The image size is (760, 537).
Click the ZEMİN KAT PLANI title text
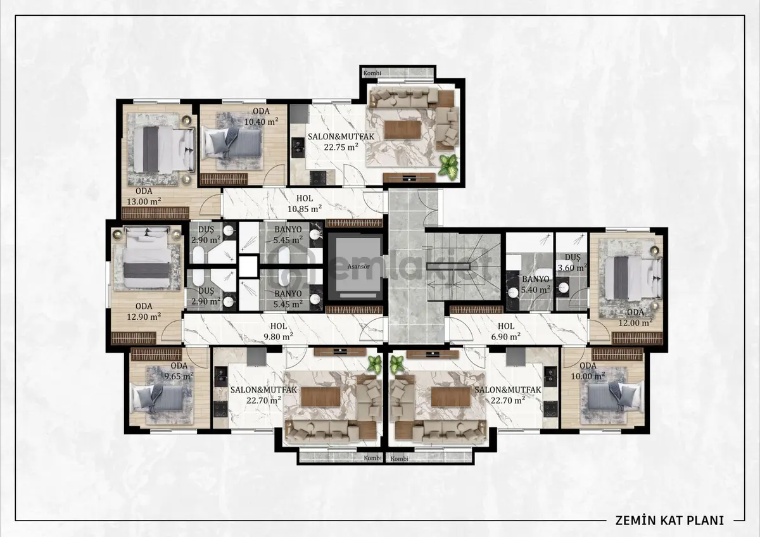tap(669, 520)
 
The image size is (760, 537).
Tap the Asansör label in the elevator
tap(358, 267)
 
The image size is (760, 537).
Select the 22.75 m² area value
tap(341, 147)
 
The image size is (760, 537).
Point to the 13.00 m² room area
tap(144, 201)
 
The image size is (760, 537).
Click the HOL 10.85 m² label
tap(305, 203)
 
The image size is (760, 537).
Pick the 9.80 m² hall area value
tap(278, 336)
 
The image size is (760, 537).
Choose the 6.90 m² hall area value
tap(506, 336)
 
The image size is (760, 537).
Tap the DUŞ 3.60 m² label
tap(573, 263)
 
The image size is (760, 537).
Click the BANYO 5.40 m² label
tap(536, 284)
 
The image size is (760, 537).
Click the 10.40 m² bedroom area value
tap(261, 121)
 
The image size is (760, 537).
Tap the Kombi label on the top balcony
tap(372, 73)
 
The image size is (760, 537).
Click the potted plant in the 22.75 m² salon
tap(447, 165)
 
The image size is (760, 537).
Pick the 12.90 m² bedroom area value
tap(144, 317)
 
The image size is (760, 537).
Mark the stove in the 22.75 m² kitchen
tap(318, 177)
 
